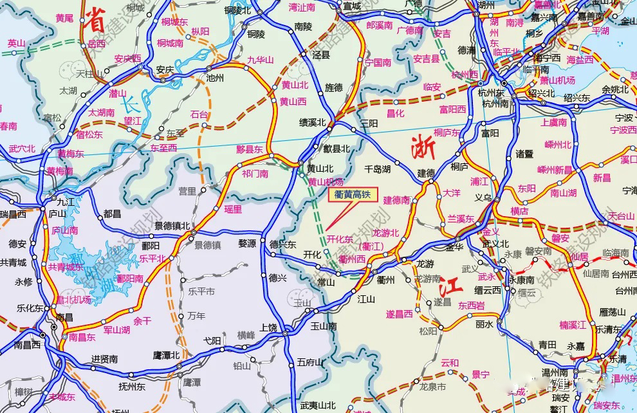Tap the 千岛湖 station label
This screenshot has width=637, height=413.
coord(378,169)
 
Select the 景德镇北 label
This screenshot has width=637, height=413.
coord(172,226)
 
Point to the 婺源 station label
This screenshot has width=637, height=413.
coord(247,244)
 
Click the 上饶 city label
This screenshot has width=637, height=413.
coord(268,327)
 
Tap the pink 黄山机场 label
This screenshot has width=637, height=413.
coord(325,182)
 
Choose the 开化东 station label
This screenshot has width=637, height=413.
coord(340,239)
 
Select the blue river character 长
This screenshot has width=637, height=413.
coord(130,102)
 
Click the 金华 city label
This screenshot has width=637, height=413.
coord(454,247)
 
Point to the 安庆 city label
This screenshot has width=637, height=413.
coord(165,69)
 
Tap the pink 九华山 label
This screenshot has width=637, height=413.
coord(260,60)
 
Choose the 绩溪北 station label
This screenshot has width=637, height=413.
coord(313,122)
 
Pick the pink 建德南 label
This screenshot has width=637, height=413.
coord(397,200)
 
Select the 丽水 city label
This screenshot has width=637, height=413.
coord(485,324)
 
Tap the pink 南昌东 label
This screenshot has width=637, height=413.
coord(82,336)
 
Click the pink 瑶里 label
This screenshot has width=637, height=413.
coord(233,209)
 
